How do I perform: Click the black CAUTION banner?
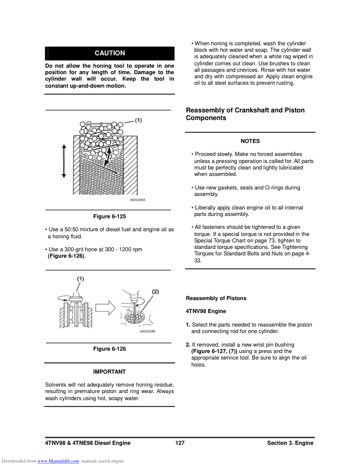point(109,53)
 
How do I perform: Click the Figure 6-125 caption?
point(109,216)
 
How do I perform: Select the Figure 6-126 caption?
point(109,349)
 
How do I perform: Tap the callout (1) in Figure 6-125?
point(138,120)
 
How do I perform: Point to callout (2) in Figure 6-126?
point(155,291)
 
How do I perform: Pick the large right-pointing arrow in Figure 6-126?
point(108,306)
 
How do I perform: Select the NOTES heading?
point(250,141)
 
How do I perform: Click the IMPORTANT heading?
point(109,372)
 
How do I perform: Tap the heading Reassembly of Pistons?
point(216,298)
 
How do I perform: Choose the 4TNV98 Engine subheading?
point(206,311)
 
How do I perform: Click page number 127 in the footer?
point(180,443)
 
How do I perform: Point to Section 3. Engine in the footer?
point(290,443)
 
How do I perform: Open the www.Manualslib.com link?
point(58,460)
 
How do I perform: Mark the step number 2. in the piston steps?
point(188,344)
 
